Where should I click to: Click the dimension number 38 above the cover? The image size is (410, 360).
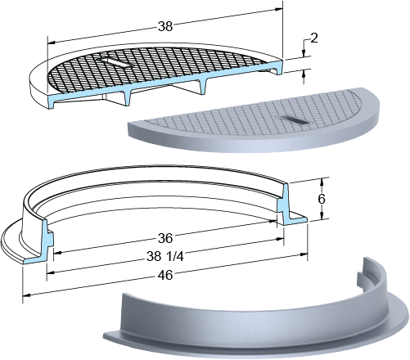pos(165,26)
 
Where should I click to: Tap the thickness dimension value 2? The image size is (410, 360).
pos(314,38)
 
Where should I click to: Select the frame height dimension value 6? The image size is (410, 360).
pos(322,199)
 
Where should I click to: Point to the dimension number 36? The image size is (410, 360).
pos(165,238)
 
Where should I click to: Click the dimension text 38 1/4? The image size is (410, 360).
pos(165,256)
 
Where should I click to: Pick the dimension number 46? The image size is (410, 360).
pos(165,275)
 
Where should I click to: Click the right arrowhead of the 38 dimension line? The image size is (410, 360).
pos(279,9)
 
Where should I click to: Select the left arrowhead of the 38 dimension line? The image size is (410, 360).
pos(52,43)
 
